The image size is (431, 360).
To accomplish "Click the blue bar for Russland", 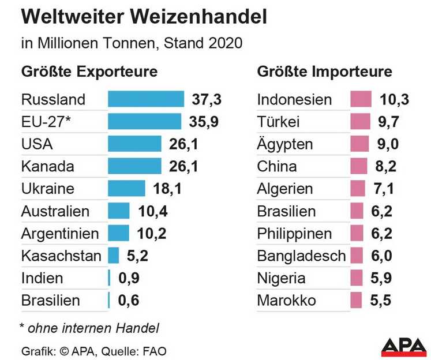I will pyautogui.click(x=145, y=99).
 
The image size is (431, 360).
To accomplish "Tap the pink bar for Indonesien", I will pyautogui.click(x=361, y=99).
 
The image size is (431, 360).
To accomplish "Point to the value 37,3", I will pyautogui.click(x=206, y=99).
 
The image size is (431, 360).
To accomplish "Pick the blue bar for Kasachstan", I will pyautogui.click(x=113, y=255).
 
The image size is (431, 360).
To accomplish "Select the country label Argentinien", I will pyautogui.click(x=60, y=234).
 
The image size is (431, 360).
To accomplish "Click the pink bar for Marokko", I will pyautogui.click(x=356, y=300).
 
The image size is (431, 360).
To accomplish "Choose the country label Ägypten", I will pyautogui.click(x=285, y=144).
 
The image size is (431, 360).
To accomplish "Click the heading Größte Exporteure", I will pyautogui.click(x=89, y=72).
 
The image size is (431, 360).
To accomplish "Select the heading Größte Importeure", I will pyautogui.click(x=324, y=72).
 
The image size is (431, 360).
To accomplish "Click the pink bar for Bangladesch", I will pyautogui.click(x=357, y=255).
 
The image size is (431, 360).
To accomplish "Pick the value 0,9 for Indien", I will pyautogui.click(x=129, y=278).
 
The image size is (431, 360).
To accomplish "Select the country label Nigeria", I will pyautogui.click(x=281, y=278).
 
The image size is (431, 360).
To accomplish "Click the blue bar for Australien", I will pyautogui.click(x=118, y=211).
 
